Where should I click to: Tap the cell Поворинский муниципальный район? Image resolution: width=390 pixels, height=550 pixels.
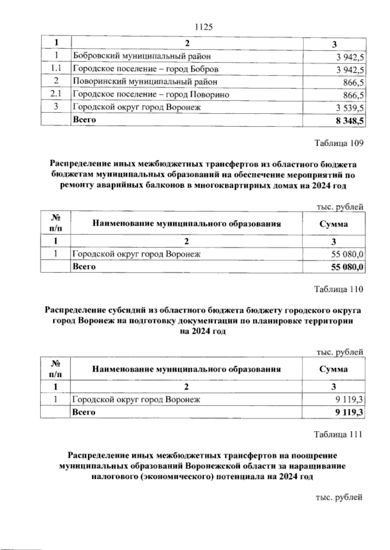pos(145,82)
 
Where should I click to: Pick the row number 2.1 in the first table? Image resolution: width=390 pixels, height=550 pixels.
pos(56,94)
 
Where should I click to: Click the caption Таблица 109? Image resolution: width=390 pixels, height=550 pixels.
pos(338,143)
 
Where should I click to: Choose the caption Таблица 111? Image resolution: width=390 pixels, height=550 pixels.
pos(338,434)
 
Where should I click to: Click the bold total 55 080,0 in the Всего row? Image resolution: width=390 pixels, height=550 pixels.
pos(347,267)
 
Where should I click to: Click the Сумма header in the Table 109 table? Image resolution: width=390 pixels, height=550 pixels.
pos(333,224)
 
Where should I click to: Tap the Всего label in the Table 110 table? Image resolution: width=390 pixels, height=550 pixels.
pos(84,412)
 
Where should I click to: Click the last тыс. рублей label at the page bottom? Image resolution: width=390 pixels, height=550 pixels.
pos(339,506)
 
